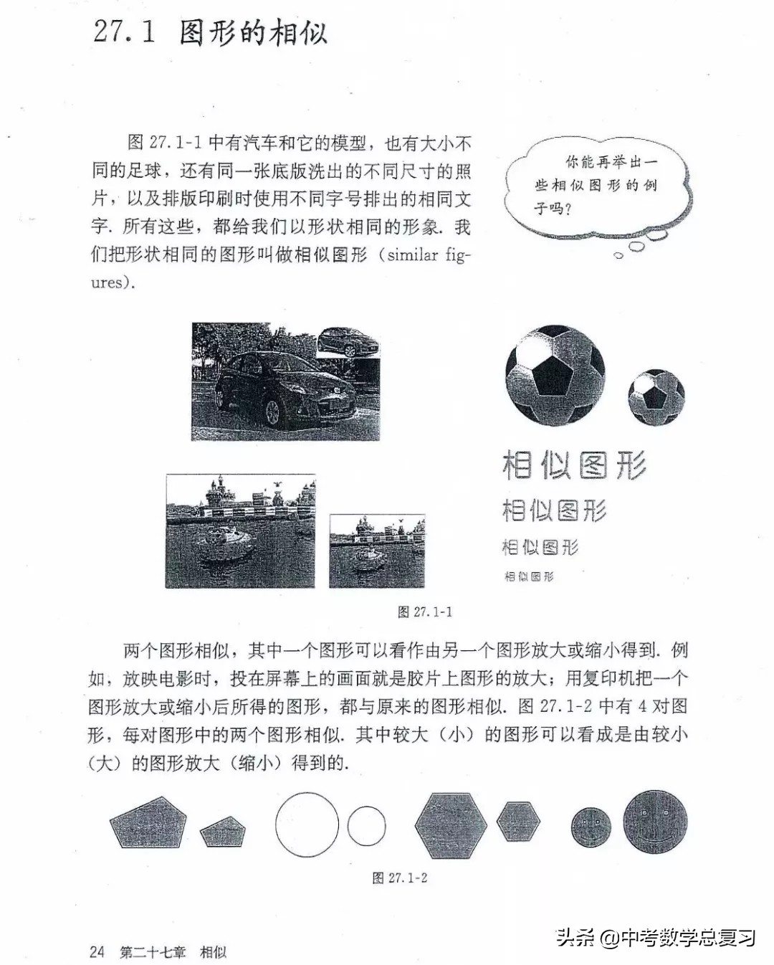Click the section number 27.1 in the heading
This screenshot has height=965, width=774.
coord(124,32)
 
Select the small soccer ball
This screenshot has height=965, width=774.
coord(656,397)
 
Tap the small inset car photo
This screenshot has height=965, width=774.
coord(348,342)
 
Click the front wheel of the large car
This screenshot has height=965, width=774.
coord(272,412)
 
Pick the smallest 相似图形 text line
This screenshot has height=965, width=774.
coord(529,576)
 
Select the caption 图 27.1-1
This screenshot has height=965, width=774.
coord(425,612)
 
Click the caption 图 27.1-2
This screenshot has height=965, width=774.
coord(400,878)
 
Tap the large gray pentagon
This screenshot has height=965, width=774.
coord(148,822)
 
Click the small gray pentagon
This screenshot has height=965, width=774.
coord(223,832)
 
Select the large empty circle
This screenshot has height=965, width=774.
coord(307,824)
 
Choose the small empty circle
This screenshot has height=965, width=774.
coord(366,826)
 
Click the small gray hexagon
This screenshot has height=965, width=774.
coord(518,822)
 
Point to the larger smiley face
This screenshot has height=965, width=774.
coord(654,822)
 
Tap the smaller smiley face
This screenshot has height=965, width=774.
coord(591,826)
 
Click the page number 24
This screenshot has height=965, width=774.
coord(97,951)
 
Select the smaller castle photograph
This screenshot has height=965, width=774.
coord(377,551)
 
